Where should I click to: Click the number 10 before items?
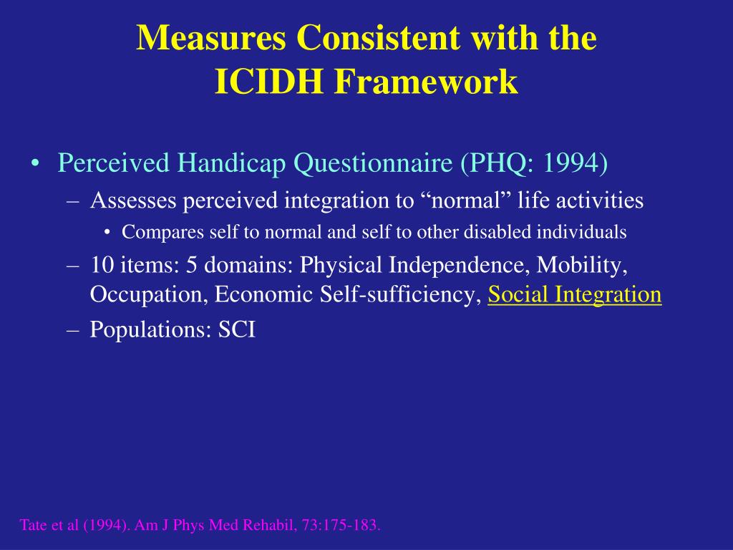tap(100, 265)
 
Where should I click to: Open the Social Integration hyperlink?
tap(574, 294)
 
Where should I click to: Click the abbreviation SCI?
tap(236, 330)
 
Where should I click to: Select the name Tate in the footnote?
tap(32, 526)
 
